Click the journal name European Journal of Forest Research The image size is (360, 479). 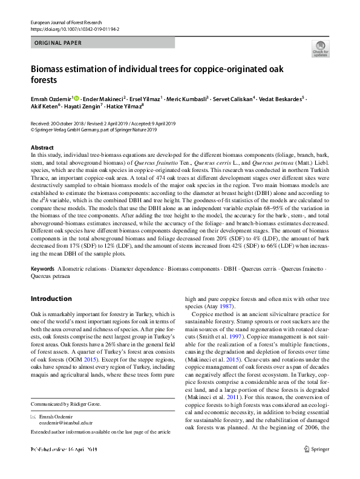click(65, 22)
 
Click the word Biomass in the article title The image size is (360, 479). click(50, 69)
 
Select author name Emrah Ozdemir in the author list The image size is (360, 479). click(51, 97)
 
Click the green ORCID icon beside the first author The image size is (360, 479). click(76, 97)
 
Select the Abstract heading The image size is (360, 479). click(42, 148)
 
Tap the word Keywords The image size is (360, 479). click(42, 268)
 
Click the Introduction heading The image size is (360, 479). click(51, 299)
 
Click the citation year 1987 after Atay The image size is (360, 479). click(232, 307)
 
